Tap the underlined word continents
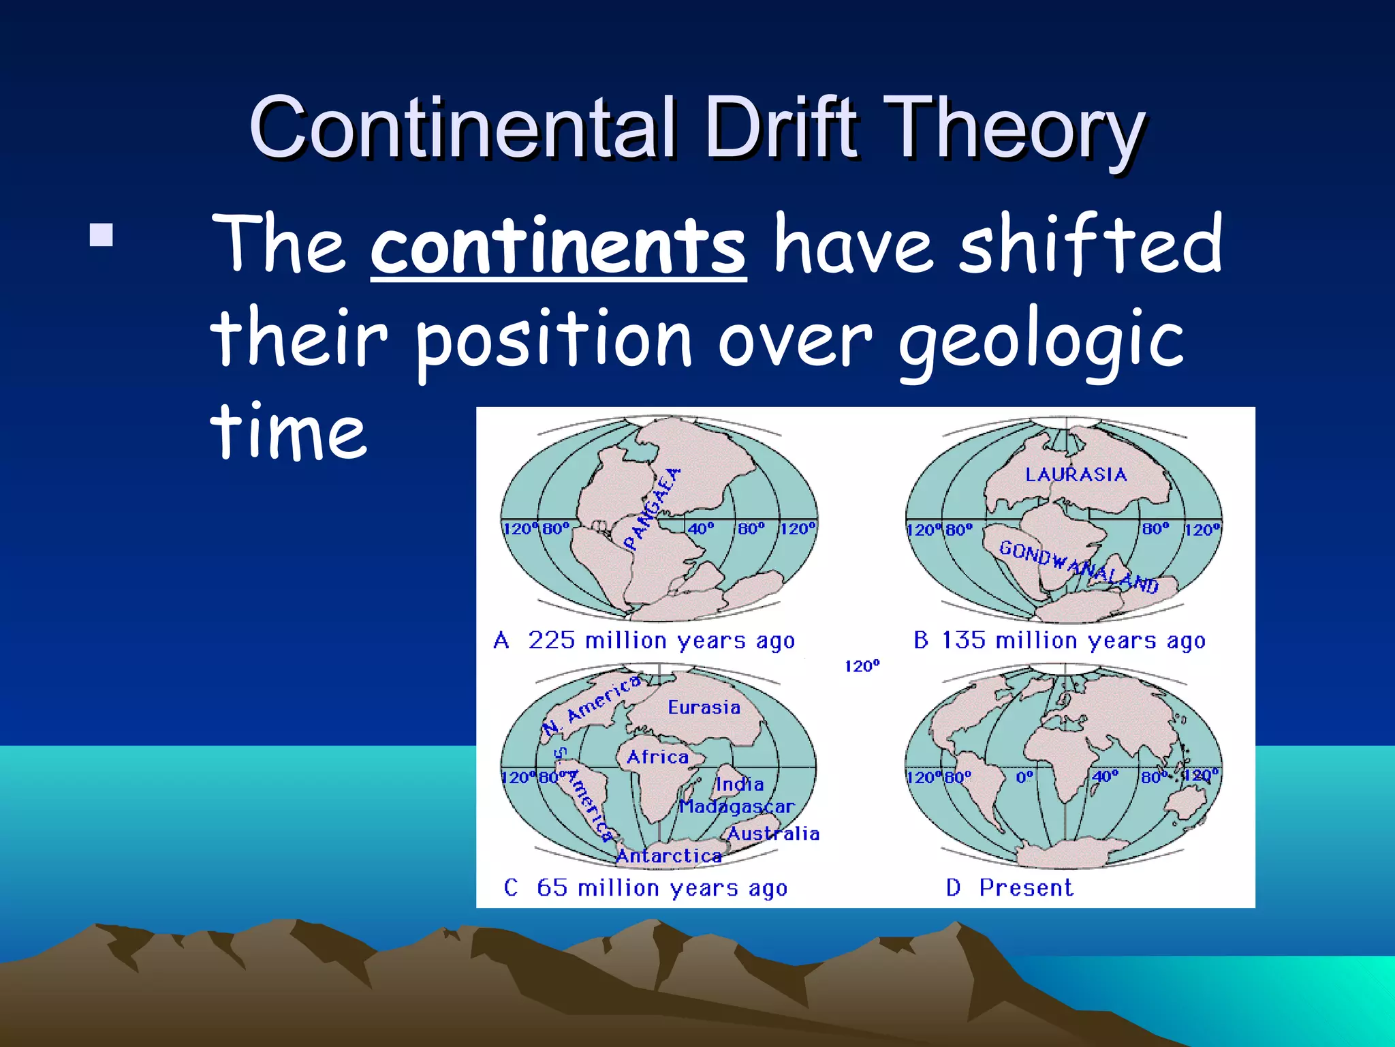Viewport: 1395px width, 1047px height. click(559, 245)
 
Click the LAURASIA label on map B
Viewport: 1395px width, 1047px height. click(1076, 474)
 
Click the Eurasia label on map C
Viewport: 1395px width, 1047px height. click(704, 708)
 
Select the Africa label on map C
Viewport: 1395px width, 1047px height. click(657, 757)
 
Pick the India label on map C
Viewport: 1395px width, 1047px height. click(740, 785)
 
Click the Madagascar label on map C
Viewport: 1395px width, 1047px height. click(737, 807)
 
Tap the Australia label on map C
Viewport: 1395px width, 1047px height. click(773, 834)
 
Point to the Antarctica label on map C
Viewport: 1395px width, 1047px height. click(669, 856)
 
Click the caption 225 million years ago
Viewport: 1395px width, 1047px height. click(661, 641)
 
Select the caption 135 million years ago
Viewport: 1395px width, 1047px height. click(1073, 641)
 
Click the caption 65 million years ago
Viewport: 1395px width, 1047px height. click(661, 888)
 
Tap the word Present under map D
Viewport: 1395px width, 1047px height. click(1026, 888)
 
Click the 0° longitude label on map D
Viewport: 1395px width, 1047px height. click(1024, 777)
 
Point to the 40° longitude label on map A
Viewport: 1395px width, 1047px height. click(700, 529)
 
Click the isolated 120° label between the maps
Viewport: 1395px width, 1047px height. click(862, 667)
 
